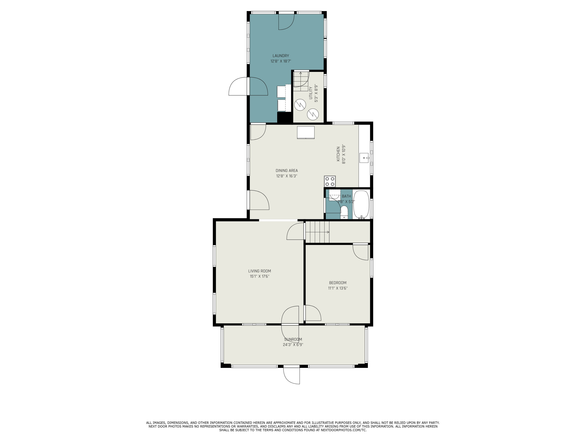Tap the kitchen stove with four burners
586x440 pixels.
pos(330,181)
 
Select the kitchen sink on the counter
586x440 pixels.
pos(364,158)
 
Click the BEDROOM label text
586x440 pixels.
pos(338,283)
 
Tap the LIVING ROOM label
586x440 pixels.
pos(259,271)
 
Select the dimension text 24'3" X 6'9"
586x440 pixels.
pos(293,345)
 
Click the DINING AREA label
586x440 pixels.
pos(287,171)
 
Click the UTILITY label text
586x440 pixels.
pos(311,93)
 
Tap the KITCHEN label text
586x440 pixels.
pos(338,154)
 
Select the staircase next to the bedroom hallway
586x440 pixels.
pos(317,232)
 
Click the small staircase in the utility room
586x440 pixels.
pos(301,81)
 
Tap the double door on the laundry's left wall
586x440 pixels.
pos(248,86)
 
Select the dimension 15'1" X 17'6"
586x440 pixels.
pos(259,276)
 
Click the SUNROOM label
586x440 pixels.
pos(293,339)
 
